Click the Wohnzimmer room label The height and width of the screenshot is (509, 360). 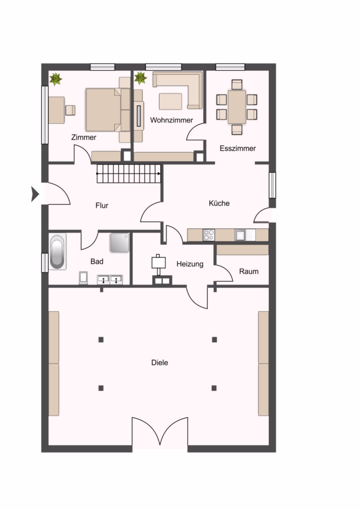pyautogui.click(x=172, y=120)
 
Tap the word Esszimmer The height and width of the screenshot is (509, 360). pyautogui.click(x=238, y=148)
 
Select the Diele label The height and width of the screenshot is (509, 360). pyautogui.click(x=160, y=363)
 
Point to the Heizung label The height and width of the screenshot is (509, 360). pyautogui.click(x=190, y=264)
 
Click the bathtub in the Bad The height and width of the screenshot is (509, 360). pyautogui.click(x=57, y=251)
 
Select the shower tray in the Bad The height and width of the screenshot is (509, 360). pyautogui.click(x=119, y=243)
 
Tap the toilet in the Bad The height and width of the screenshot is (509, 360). pyautogui.click(x=84, y=278)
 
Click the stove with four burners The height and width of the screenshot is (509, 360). pyautogui.click(x=209, y=235)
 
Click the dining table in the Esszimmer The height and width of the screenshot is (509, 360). pyautogui.click(x=237, y=107)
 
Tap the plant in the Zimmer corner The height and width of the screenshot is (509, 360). pyautogui.click(x=56, y=79)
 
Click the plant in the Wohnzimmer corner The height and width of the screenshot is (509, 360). pyautogui.click(x=141, y=78)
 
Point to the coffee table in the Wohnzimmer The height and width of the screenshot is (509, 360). pyautogui.click(x=170, y=101)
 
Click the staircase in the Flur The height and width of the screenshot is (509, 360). pyautogui.click(x=129, y=174)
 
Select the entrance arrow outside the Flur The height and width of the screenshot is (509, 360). pyautogui.click(x=35, y=194)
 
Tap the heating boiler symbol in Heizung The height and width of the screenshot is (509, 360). pyautogui.click(x=159, y=262)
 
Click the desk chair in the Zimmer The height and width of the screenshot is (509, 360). pyautogui.click(x=70, y=110)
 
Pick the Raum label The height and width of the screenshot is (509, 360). pyautogui.click(x=249, y=271)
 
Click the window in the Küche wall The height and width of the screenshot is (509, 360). pyautogui.click(x=272, y=185)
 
